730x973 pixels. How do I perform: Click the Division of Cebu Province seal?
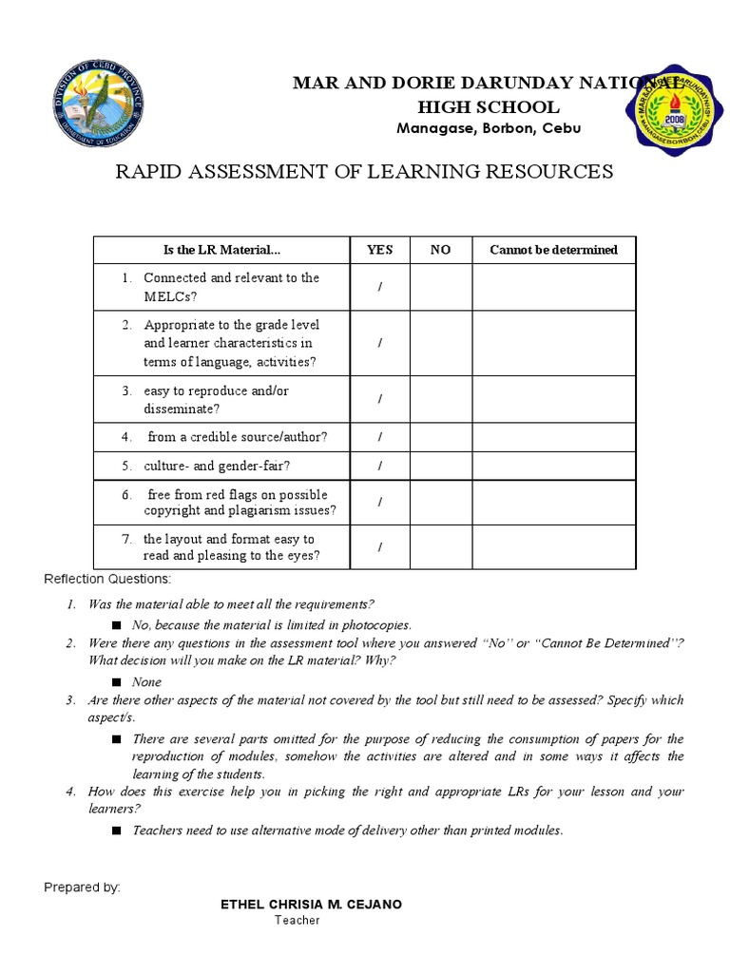[x=98, y=106]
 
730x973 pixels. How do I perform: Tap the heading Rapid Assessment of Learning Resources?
[x=364, y=172]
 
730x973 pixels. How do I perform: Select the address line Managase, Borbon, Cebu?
[x=489, y=128]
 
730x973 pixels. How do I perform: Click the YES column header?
[x=379, y=250]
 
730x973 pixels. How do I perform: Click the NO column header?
[x=440, y=250]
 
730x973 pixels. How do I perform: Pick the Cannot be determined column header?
[x=553, y=250]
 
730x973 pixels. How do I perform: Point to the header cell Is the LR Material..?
[x=221, y=250]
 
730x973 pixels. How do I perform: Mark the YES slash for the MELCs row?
[x=379, y=287]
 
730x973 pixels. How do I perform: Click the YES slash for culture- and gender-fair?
[x=379, y=466]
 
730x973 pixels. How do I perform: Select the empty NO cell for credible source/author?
[x=440, y=437]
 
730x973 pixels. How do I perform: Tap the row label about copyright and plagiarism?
[x=239, y=503]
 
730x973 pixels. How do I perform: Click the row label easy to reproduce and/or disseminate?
[x=216, y=399]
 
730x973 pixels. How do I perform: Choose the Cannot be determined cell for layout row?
[x=553, y=547]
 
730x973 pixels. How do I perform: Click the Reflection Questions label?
[x=107, y=579]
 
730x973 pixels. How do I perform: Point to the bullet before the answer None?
[x=117, y=682]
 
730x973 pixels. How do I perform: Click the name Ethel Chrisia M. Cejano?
[x=311, y=904]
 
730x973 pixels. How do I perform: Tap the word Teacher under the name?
[x=298, y=920]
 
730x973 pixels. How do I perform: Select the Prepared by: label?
[x=82, y=887]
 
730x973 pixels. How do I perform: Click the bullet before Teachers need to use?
[x=117, y=830]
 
